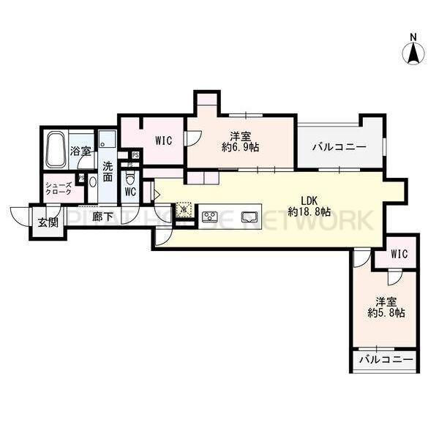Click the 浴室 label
tap(80, 151)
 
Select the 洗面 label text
tap(108, 171)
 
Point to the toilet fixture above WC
tap(131, 178)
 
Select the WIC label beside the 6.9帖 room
tap(163, 140)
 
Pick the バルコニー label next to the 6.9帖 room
tap(339, 146)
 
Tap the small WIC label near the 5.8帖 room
tap(399, 254)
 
